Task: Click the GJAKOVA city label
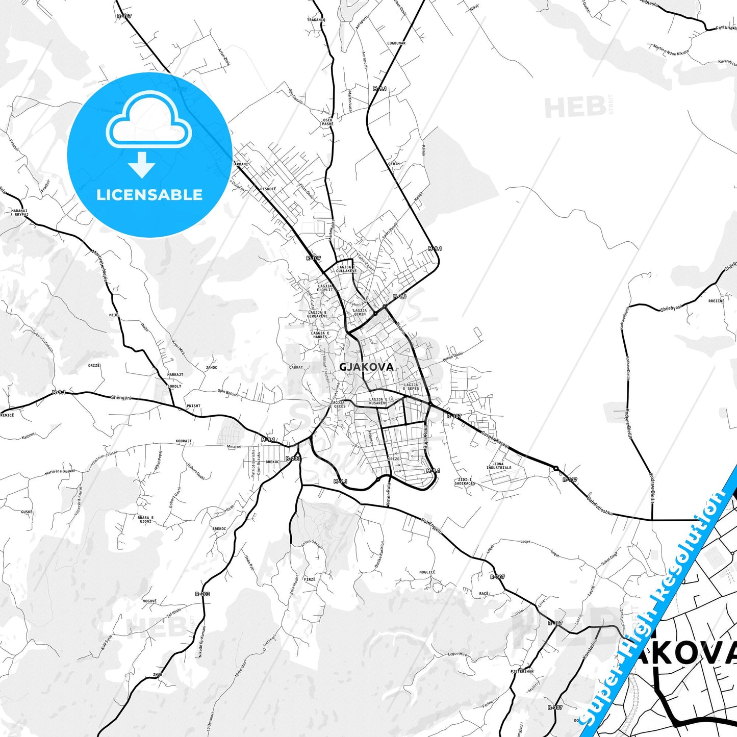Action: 366,367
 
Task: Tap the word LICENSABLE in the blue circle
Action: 149,195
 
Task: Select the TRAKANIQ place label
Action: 316,20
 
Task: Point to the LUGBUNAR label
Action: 396,43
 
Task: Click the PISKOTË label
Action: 268,189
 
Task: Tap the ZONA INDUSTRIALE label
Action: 498,466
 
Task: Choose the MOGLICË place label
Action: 427,572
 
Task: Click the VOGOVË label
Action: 150,601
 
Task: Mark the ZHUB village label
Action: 157,675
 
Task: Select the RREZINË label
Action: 716,301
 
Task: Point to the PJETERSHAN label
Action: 522,671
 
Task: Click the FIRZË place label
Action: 310,579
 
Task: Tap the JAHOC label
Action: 211,367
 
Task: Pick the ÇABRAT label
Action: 296,367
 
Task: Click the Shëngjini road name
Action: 121,397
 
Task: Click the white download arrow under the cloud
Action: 142,164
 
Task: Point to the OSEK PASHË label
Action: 327,122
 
